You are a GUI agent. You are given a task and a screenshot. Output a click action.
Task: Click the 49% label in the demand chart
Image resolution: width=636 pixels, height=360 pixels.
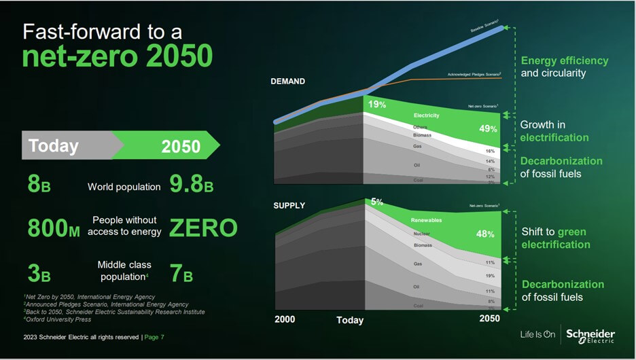pos(488,129)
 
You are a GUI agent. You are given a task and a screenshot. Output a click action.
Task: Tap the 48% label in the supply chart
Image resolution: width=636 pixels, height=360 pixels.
pos(484,234)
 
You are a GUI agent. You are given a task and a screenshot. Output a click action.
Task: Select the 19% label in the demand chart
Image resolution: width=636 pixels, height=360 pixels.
pos(377,105)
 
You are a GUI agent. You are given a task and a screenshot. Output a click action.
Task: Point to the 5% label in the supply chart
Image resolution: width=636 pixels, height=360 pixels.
pos(377,202)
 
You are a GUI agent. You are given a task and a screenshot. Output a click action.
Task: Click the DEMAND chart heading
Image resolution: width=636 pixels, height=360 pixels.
pos(287,82)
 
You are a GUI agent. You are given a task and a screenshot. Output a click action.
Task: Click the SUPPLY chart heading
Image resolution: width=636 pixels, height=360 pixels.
pos(289,205)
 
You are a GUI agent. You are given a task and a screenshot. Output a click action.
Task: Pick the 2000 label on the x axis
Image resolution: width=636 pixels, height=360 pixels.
pos(285,319)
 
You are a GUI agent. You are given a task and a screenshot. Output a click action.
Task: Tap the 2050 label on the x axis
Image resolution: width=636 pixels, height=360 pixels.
pos(489,319)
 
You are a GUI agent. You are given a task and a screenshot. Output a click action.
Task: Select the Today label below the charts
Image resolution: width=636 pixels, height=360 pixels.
pos(350,320)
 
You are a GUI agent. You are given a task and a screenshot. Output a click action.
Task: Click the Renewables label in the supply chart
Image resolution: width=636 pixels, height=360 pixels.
pos(426,221)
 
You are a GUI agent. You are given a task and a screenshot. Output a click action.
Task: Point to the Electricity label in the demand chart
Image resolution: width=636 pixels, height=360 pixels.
pos(426,115)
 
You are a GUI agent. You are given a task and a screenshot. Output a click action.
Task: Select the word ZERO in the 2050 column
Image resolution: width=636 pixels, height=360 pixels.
pos(203,228)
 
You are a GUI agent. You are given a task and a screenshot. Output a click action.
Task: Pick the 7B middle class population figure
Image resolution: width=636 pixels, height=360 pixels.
pos(181,274)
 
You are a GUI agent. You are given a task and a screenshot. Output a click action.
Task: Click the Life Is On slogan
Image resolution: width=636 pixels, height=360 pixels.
pos(537,335)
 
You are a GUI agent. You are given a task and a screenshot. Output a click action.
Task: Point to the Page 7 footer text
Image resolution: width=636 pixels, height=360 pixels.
pos(154,337)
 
